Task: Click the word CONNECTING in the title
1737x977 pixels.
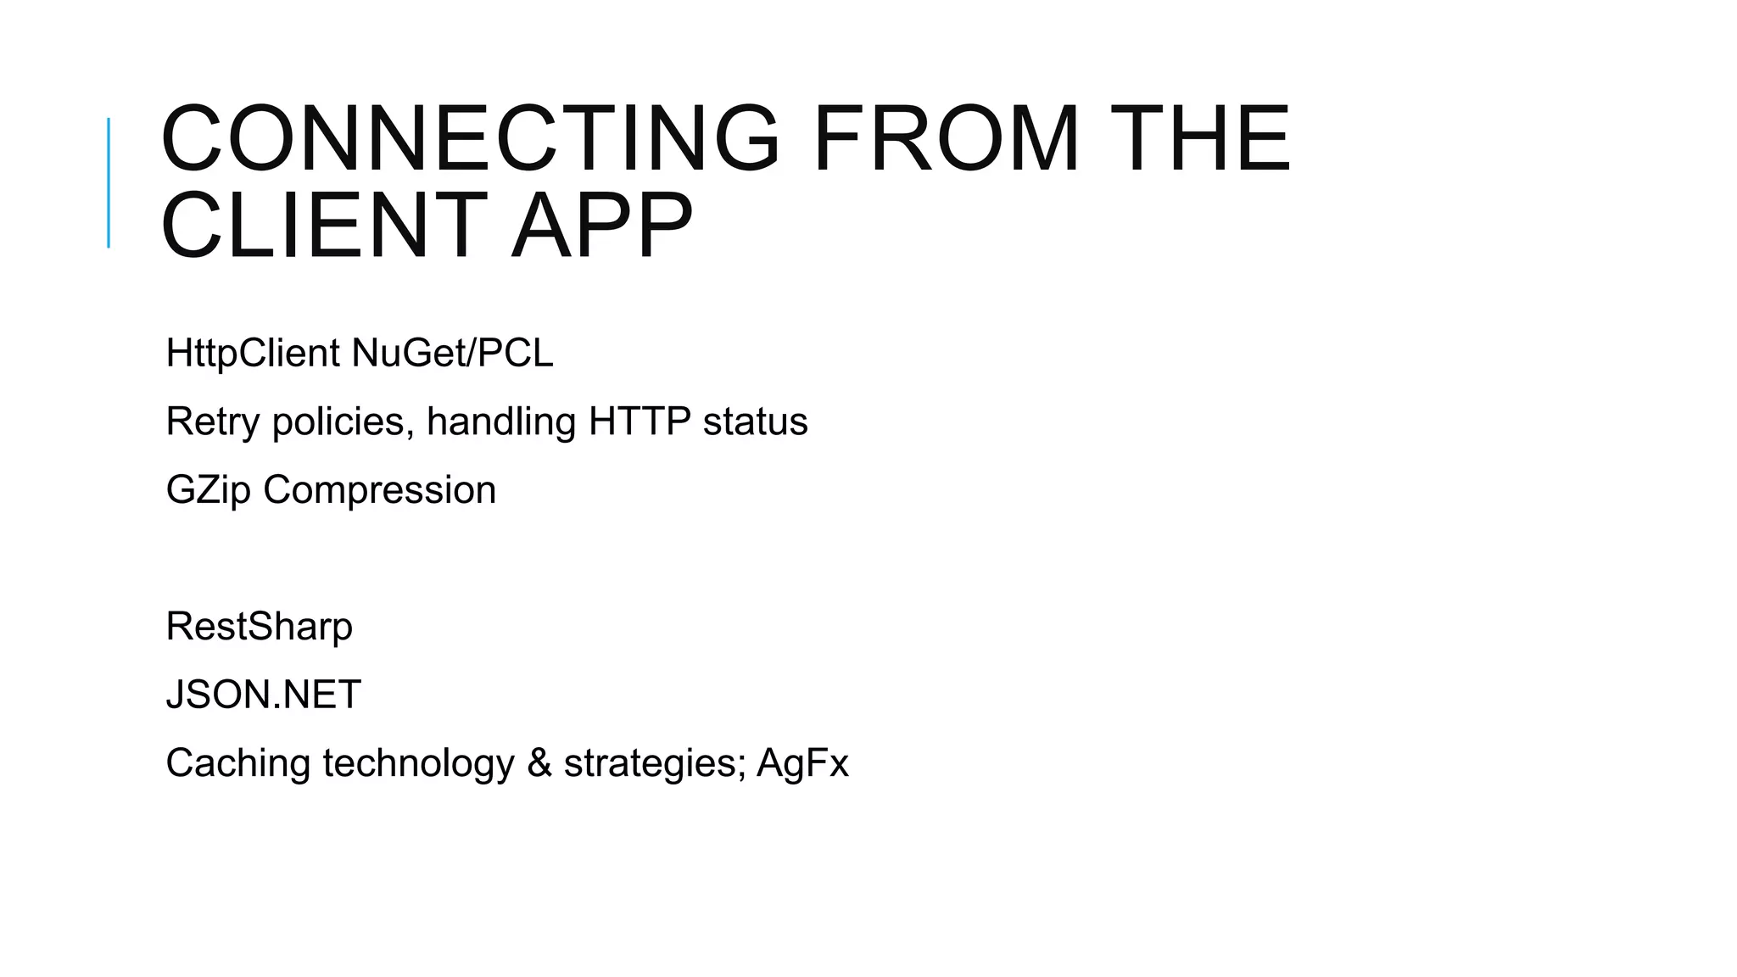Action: (x=469, y=138)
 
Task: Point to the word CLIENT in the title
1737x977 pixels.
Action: (x=323, y=226)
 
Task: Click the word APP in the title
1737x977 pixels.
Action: (x=602, y=226)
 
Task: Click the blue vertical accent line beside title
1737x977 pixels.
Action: (x=109, y=182)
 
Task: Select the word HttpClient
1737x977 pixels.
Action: (x=252, y=353)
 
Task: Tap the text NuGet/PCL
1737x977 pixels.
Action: (x=452, y=353)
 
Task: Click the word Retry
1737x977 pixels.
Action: (x=213, y=422)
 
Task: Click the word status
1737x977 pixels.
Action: (x=755, y=422)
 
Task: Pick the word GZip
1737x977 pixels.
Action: (x=208, y=490)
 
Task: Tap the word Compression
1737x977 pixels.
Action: (x=379, y=490)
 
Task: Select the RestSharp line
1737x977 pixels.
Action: (x=259, y=627)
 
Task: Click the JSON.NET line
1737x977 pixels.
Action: (x=263, y=695)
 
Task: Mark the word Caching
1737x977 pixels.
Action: (x=238, y=763)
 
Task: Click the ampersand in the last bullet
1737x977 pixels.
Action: (x=539, y=763)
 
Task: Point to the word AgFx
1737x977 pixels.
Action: (x=801, y=763)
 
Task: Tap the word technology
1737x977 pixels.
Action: (x=418, y=763)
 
